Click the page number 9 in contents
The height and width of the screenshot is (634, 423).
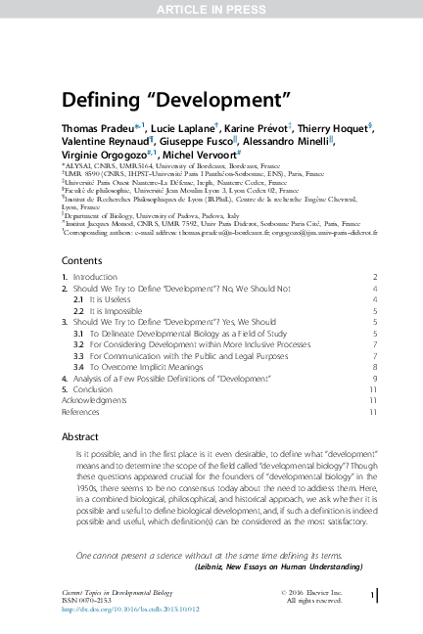click(374, 377)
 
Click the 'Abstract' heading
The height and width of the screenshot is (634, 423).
click(80, 436)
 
